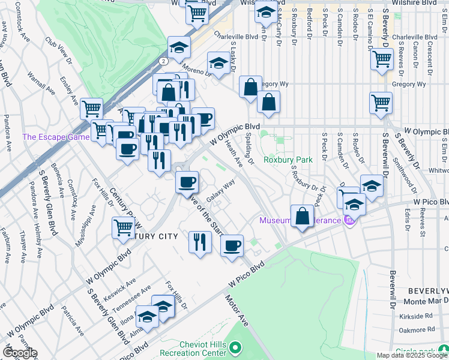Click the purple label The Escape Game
pyautogui.click(x=56, y=137)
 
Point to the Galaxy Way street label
pyautogui.click(x=220, y=192)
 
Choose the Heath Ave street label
pyautogui.click(x=234, y=153)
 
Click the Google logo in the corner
pyautogui.click(x=19, y=353)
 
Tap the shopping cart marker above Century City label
pyautogui.click(x=123, y=227)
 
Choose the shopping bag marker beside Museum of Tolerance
pyautogui.click(x=302, y=215)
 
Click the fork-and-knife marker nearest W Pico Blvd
pyautogui.click(x=200, y=241)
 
